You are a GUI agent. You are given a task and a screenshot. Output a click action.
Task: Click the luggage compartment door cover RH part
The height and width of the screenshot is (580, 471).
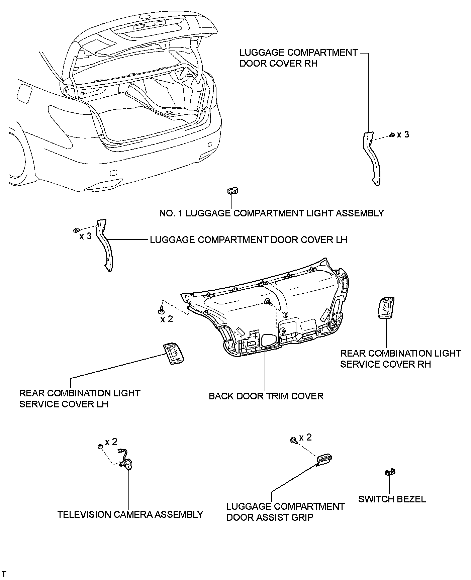tap(372, 157)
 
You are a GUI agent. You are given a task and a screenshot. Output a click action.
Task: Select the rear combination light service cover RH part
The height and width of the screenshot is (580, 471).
tap(386, 307)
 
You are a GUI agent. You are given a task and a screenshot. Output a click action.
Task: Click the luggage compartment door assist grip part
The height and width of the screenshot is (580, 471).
tap(324, 460)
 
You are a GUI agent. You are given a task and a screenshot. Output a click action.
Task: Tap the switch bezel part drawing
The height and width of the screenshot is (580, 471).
tap(390, 472)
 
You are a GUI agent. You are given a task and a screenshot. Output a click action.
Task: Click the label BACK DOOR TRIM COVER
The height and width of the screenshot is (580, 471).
tap(266, 396)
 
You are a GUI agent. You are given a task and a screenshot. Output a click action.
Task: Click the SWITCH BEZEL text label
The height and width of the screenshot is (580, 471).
tap(392, 499)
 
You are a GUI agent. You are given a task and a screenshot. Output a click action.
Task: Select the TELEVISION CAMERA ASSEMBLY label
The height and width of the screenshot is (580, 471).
tap(130, 514)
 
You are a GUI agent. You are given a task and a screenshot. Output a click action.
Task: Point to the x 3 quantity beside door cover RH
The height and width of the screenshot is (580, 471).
tap(403, 134)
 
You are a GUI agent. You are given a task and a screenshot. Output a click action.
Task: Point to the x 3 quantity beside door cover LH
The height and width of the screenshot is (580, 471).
tap(85, 236)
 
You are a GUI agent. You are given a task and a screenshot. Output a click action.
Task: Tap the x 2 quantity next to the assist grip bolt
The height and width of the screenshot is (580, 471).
tap(305, 438)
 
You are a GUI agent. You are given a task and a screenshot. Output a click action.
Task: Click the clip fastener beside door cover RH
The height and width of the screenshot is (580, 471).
tap(392, 135)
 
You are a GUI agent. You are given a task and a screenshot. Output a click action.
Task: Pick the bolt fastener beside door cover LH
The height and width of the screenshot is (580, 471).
tap(76, 230)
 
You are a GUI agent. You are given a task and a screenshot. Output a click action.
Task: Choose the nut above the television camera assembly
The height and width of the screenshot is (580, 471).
tap(100, 447)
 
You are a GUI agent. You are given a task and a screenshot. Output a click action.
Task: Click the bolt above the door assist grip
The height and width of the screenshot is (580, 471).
tap(293, 440)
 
